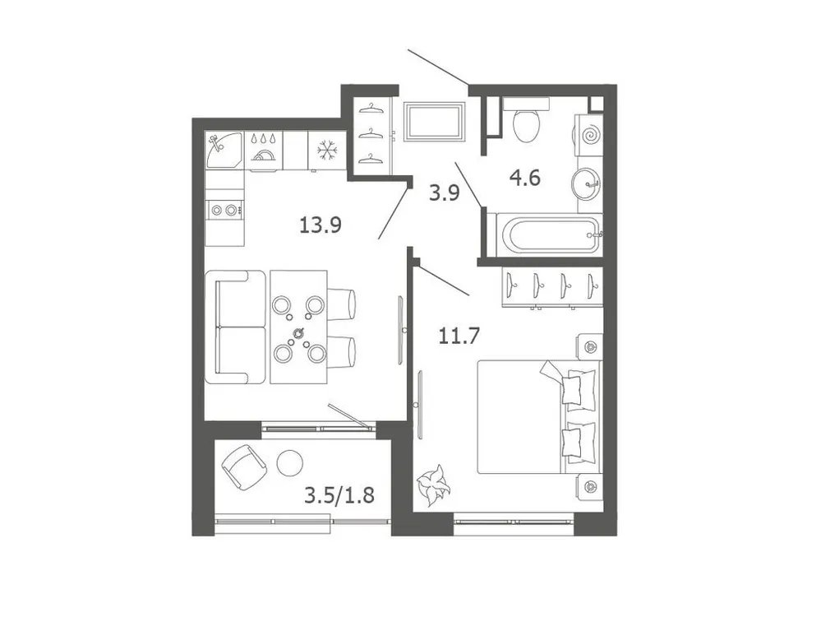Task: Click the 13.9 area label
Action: click(x=320, y=225)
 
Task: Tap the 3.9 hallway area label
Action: click(x=444, y=194)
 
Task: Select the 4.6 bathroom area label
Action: click(x=524, y=178)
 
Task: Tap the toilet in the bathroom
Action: click(x=526, y=120)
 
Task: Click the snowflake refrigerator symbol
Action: click(x=327, y=151)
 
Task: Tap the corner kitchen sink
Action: click(x=224, y=151)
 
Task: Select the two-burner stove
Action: click(x=224, y=210)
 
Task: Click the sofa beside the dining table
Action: click(x=234, y=327)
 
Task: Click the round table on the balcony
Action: click(x=289, y=464)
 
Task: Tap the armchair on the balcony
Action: click(x=244, y=466)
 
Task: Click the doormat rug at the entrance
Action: click(x=435, y=123)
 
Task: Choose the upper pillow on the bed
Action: click(x=579, y=387)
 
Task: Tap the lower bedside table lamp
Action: click(x=588, y=487)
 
